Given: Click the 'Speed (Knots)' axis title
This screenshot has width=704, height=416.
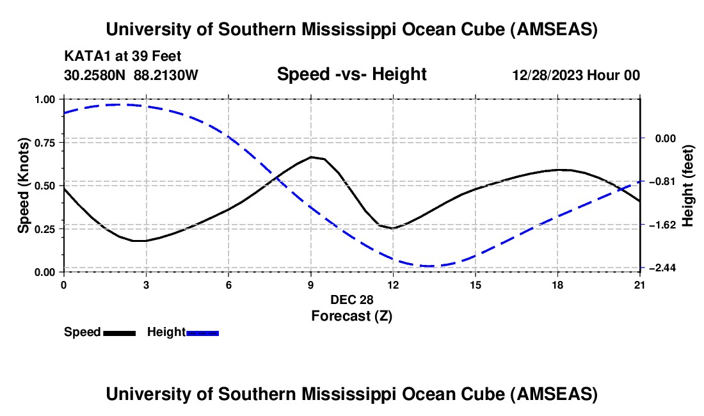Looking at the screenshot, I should pos(22,185).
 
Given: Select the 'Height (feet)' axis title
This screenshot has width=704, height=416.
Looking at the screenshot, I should pos(688,185).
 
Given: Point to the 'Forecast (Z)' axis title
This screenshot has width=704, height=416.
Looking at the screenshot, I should pos(351,316).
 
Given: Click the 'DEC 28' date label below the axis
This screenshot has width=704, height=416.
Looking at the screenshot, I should pos(351,300).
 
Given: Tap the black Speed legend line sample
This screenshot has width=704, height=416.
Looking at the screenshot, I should pos(119,333).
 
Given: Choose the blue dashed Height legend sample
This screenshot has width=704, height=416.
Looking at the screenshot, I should pos(203,333).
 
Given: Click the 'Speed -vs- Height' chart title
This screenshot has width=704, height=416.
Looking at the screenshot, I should pos(351,74).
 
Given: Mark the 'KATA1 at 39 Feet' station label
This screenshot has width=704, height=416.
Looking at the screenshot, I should pos(122,56).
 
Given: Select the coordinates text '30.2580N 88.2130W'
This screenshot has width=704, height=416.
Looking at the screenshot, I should pos(132,75).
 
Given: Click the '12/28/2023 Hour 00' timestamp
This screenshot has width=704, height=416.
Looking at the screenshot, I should pos(576,75).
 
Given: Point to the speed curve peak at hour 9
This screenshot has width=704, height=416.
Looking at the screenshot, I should pos(311,157).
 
